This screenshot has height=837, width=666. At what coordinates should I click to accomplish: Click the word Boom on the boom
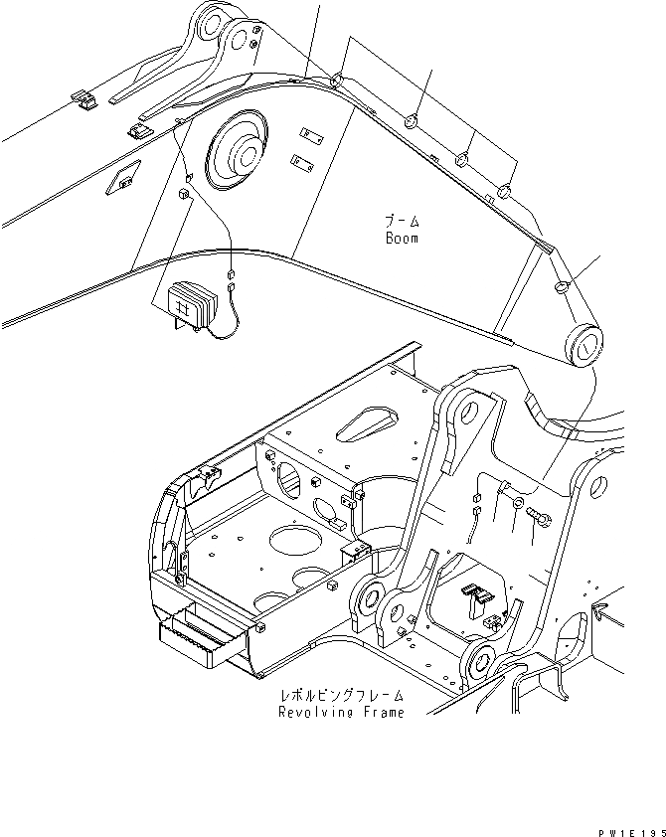click(x=401, y=239)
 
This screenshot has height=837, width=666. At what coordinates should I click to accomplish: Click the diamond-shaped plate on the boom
click(x=123, y=179)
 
